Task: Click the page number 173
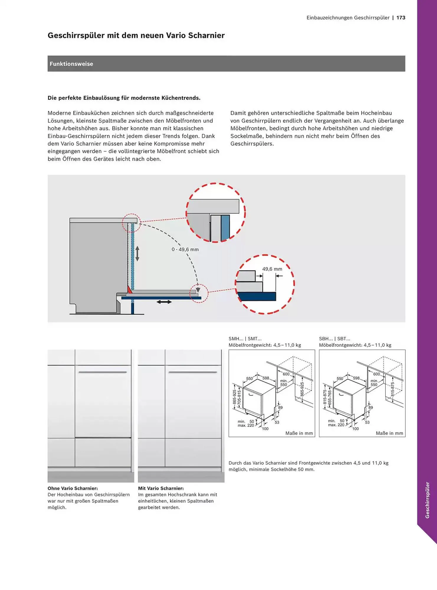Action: pyautogui.click(x=401, y=18)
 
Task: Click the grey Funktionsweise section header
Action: pyautogui.click(x=226, y=64)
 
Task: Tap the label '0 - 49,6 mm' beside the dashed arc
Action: pyautogui.click(x=185, y=250)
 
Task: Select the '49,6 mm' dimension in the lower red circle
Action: pyautogui.click(x=272, y=269)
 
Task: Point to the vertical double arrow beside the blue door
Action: pyautogui.click(x=137, y=253)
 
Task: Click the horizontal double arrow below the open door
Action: pyautogui.click(x=164, y=302)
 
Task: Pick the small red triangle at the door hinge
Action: pyautogui.click(x=129, y=290)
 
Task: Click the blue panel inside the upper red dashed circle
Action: pyautogui.click(x=225, y=227)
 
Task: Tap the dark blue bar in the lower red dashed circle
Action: pyautogui.click(x=257, y=296)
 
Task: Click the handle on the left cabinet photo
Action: pyautogui.click(x=102, y=372)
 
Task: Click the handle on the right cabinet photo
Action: pyautogui.click(x=193, y=372)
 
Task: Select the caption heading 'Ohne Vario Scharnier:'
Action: pyautogui.click(x=73, y=488)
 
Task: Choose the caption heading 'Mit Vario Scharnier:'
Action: pyautogui.click(x=161, y=488)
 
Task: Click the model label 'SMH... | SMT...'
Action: pyautogui.click(x=245, y=339)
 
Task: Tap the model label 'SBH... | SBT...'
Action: pyautogui.click(x=335, y=339)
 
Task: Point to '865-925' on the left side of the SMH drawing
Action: pyautogui.click(x=235, y=397)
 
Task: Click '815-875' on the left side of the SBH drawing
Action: pyautogui.click(x=325, y=397)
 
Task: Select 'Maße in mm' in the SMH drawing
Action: pyautogui.click(x=299, y=433)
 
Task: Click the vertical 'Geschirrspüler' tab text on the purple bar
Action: pyautogui.click(x=427, y=500)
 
